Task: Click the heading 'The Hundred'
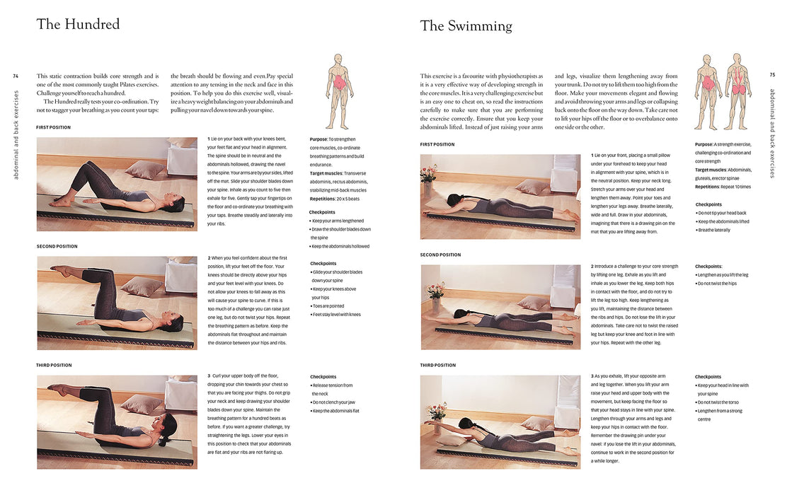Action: point(78,24)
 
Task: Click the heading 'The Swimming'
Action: point(466,25)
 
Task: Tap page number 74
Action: point(16,76)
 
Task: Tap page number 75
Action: point(771,75)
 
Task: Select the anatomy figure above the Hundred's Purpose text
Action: point(338,91)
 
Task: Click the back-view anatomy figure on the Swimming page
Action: point(738,91)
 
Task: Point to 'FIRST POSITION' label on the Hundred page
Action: point(54,128)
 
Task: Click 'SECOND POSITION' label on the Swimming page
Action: point(440,255)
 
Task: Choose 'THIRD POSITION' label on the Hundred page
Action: point(54,366)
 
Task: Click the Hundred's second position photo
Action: point(117,303)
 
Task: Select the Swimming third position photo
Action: point(500,422)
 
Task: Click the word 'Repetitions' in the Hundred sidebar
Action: point(322,199)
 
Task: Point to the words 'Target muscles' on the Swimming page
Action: point(710,170)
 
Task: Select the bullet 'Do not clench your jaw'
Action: point(333,402)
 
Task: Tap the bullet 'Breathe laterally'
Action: point(713,230)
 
